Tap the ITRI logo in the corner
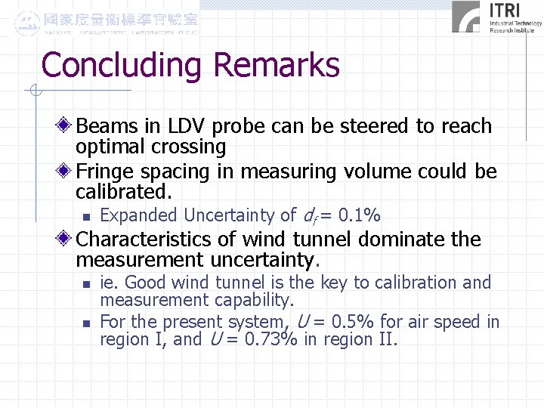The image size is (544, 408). (x=496, y=17)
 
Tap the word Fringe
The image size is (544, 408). (x=111, y=172)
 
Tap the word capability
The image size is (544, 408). (x=253, y=300)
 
